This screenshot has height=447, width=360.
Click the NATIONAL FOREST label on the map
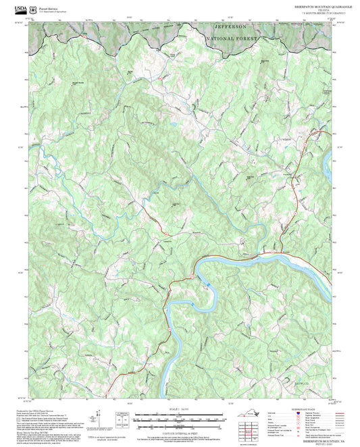point(232,38)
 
